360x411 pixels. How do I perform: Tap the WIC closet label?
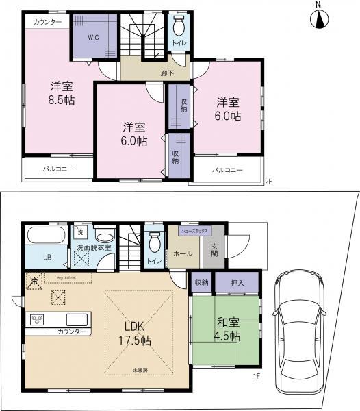click(93, 38)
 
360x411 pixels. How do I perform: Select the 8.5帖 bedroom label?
click(62, 93)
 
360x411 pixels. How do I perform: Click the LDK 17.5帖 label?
click(134, 333)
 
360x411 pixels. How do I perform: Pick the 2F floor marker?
click(269, 182)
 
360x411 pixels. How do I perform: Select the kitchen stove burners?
click(36, 319)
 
